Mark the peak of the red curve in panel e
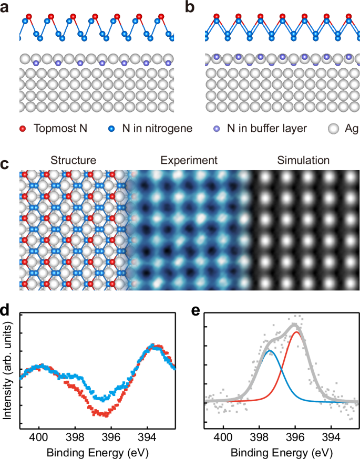[297, 332]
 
